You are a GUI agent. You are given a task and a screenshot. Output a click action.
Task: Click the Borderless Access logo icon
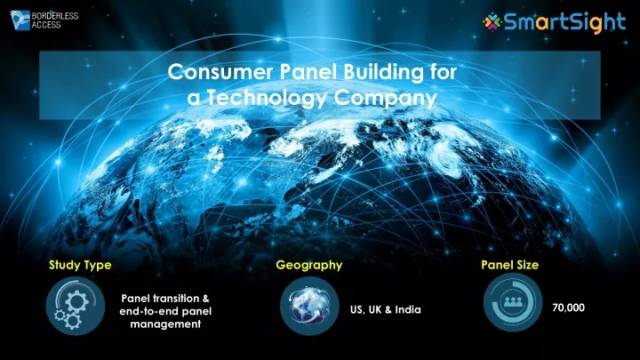coord(20,20)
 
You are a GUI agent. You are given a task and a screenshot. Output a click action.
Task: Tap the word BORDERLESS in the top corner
coord(55,16)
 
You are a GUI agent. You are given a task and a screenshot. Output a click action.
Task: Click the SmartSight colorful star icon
coord(492,21)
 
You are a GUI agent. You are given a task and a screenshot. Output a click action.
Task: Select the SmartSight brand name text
coord(565,22)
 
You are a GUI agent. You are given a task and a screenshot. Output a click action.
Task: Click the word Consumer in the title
coord(220,72)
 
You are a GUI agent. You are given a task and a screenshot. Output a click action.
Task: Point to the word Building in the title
coord(383,73)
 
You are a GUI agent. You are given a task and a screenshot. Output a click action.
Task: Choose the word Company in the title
coord(385,99)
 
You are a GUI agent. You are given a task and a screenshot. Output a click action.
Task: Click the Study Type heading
coord(80,265)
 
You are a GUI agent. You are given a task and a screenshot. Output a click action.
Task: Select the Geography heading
coord(309,265)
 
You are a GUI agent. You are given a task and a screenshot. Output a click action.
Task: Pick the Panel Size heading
coord(510,265)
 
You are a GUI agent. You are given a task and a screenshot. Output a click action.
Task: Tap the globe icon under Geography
coord(309,306)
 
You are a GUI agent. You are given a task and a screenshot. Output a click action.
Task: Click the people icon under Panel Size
coord(513,302)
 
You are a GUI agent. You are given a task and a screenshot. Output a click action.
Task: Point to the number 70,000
coord(568,308)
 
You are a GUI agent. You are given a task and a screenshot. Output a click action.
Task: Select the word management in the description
coord(165,324)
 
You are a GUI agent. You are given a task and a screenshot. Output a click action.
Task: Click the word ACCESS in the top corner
coord(46,25)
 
